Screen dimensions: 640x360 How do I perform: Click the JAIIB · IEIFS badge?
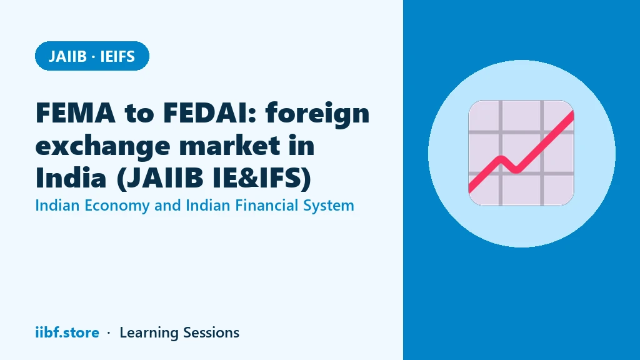92,56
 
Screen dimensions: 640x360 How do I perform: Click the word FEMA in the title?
76,112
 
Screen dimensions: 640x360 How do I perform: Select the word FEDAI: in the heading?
210,112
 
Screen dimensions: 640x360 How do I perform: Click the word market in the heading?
230,145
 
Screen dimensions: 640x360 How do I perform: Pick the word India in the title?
71,177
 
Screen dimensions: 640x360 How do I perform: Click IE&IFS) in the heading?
262,179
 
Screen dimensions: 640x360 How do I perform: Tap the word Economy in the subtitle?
117,206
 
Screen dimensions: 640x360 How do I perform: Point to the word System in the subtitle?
329,206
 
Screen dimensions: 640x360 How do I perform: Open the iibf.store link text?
67,332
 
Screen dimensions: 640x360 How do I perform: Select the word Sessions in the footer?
211,332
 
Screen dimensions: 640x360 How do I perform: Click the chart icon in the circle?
521,153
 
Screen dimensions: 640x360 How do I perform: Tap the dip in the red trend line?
516,169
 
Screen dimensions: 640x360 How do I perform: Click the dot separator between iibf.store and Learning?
109,333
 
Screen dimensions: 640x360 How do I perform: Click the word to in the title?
139,114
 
